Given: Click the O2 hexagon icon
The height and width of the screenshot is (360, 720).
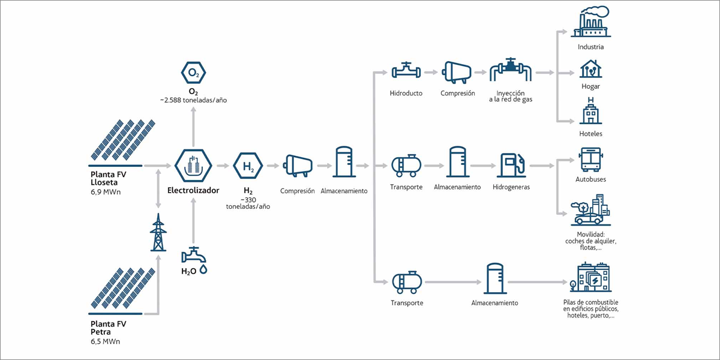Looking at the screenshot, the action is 193,73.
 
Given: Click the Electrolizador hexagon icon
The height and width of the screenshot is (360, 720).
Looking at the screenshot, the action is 193,166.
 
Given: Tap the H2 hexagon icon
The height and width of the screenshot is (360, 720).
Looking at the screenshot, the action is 248,166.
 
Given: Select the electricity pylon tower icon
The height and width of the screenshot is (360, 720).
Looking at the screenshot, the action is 158,232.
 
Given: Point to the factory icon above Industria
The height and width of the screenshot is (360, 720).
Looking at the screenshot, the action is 591,21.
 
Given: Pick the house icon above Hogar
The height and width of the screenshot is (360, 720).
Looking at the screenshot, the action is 591,69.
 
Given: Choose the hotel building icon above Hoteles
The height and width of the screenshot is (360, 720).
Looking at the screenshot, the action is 591,111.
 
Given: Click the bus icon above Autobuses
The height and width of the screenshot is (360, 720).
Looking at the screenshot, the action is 591,160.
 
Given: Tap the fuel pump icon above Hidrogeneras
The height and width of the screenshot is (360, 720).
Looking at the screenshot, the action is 511,166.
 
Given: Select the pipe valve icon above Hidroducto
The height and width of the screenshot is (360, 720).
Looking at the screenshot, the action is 406,70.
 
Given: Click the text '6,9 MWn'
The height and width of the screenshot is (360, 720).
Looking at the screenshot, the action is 106,192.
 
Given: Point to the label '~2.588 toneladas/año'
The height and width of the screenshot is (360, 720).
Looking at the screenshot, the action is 193,100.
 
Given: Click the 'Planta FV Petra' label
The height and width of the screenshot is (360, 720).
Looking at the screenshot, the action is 109,328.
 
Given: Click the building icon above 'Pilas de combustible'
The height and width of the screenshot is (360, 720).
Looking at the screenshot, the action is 591,277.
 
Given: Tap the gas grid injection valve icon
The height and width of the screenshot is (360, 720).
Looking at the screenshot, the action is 511,70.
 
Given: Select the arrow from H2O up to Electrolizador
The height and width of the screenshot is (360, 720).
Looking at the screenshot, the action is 193,221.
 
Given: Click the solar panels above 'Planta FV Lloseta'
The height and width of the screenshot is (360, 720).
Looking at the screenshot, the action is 123,140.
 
